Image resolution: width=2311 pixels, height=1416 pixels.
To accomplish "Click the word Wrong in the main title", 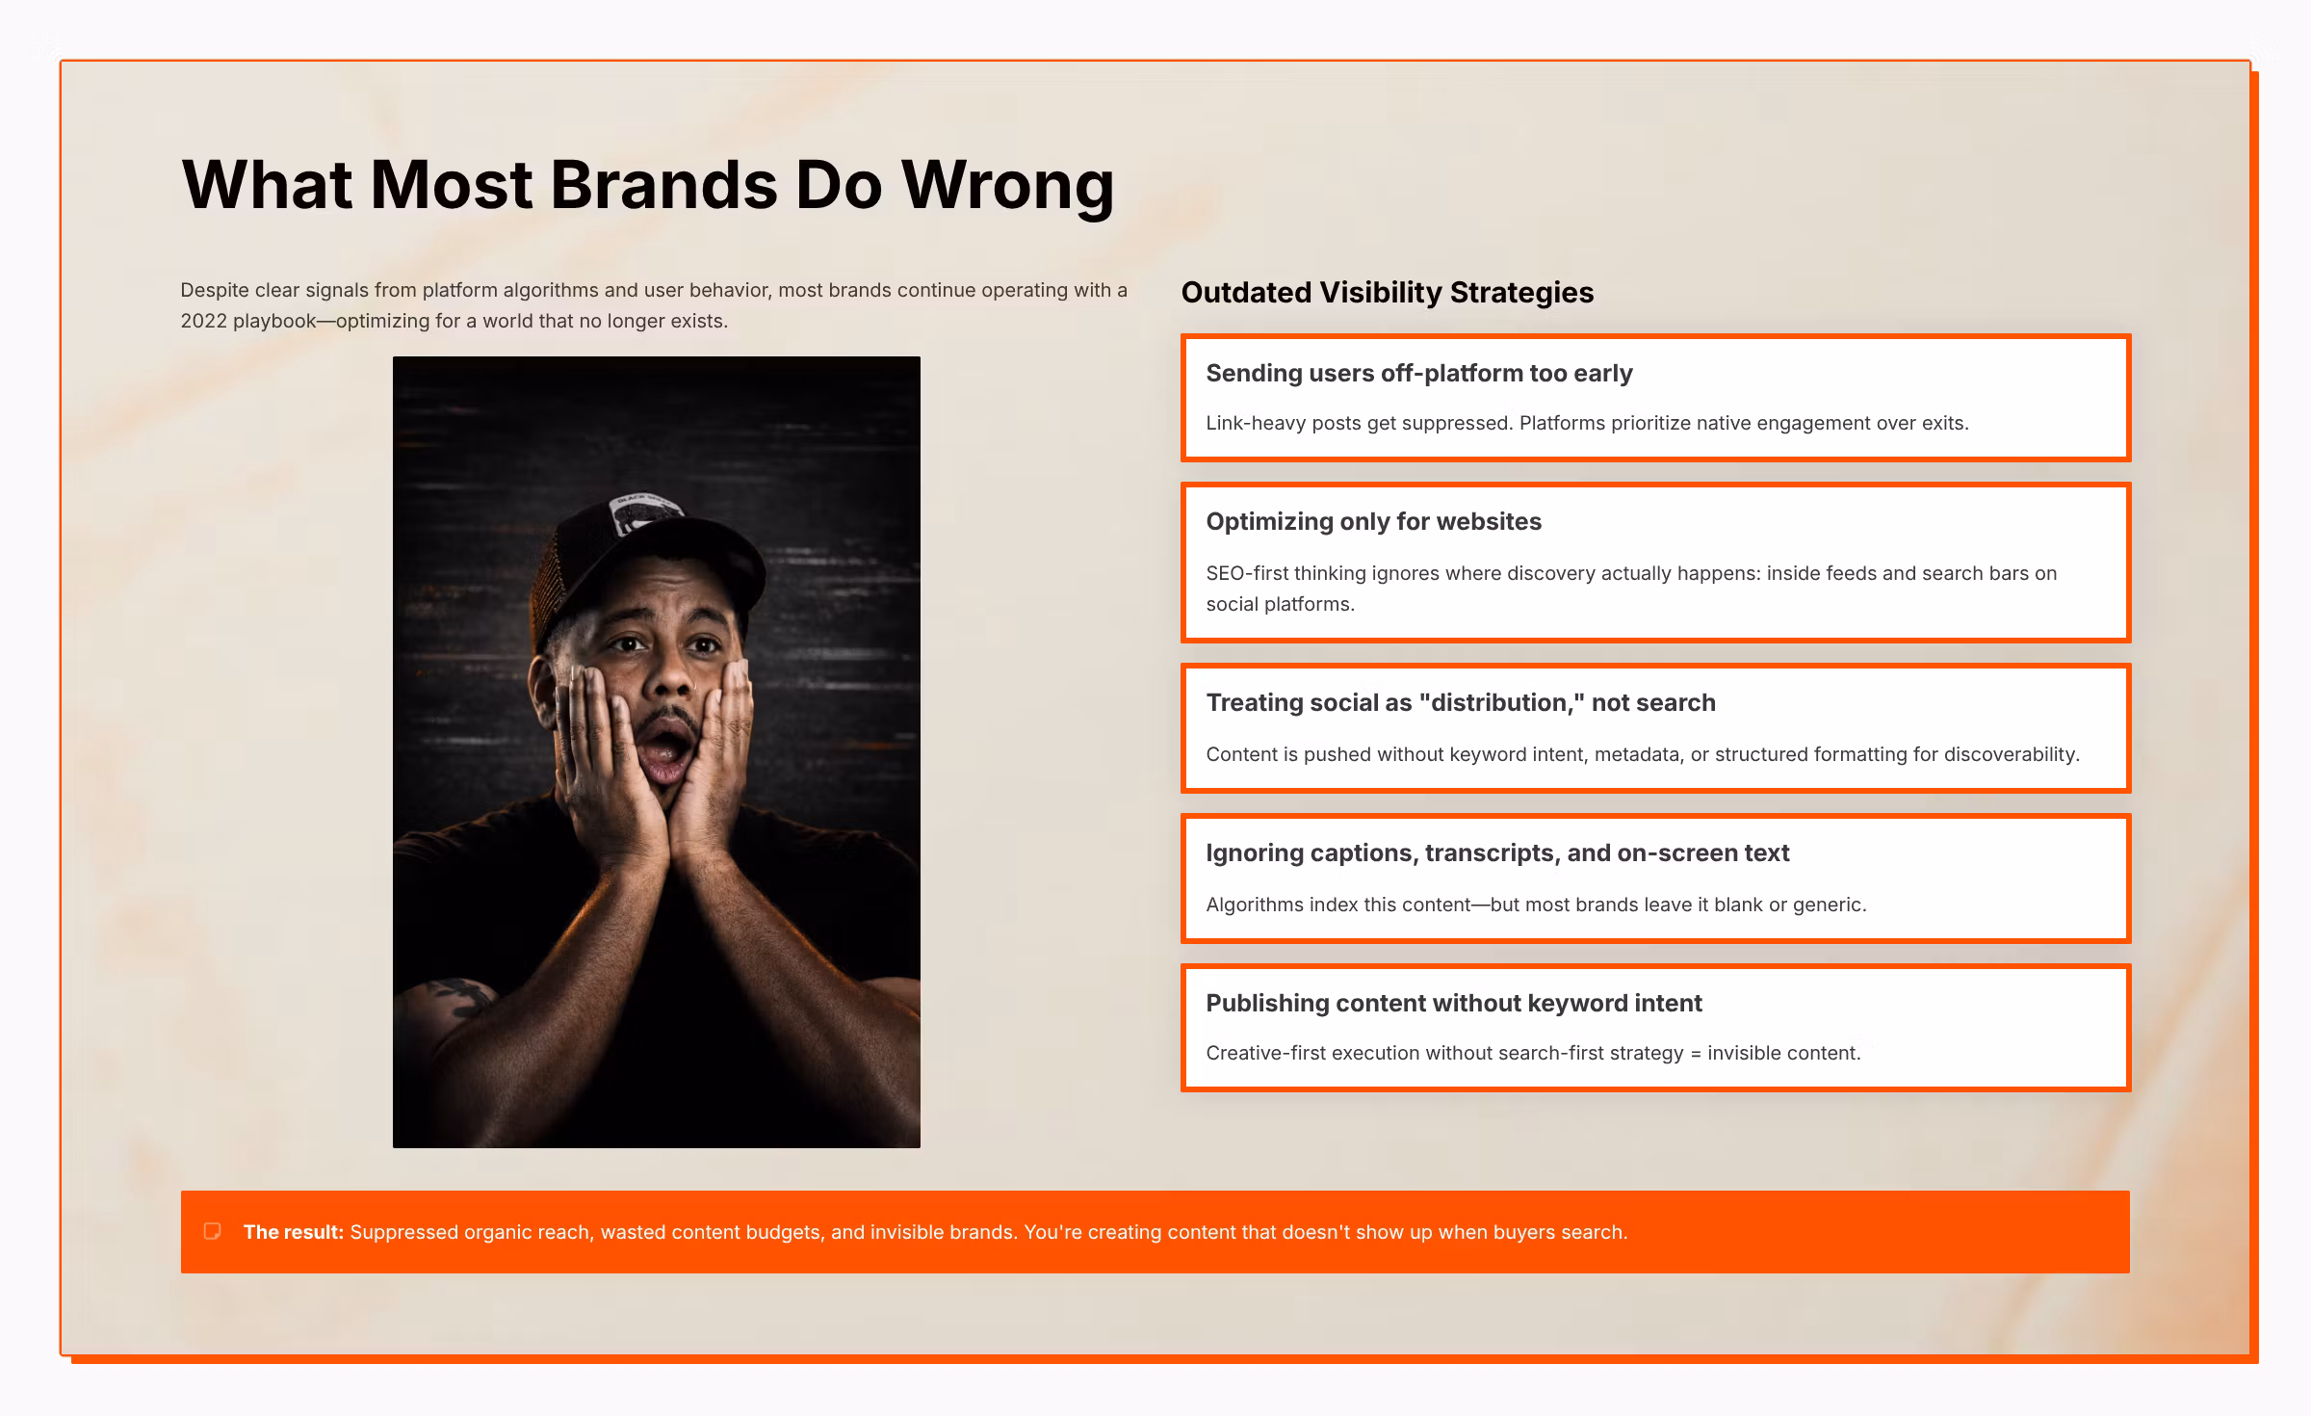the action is pyautogui.click(x=1007, y=185).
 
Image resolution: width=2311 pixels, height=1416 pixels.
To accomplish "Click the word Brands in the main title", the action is pyautogui.click(x=663, y=184).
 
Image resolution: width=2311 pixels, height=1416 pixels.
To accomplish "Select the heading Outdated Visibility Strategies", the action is pyautogui.click(x=1388, y=293).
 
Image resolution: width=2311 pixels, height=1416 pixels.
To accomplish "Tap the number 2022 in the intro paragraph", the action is pyautogui.click(x=203, y=321).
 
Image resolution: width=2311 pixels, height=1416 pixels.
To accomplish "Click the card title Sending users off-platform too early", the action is pyautogui.click(x=1419, y=374).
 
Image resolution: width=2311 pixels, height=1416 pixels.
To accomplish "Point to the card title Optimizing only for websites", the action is pyautogui.click(x=1374, y=522).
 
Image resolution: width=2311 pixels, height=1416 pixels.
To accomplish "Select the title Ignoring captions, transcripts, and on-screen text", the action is pyautogui.click(x=1497, y=853).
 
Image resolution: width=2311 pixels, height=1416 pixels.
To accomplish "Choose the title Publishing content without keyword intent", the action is pyautogui.click(x=1454, y=1004).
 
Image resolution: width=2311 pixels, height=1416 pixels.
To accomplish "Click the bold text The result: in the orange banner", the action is pyautogui.click(x=294, y=1232).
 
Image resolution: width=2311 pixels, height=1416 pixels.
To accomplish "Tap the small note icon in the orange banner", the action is pyautogui.click(x=213, y=1231).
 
